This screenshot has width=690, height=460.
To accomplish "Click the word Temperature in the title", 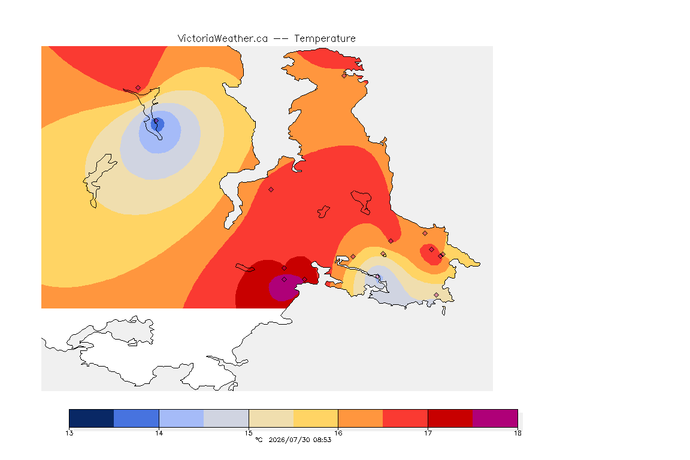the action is coord(325,39).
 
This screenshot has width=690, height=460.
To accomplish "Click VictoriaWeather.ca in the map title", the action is coord(223,39).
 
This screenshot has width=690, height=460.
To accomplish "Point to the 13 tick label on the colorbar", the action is coord(69,433).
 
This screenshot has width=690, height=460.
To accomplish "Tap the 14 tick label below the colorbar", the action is coord(159,433).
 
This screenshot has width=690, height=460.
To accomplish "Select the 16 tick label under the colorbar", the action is coord(338,433).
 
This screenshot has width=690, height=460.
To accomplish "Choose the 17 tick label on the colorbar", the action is coord(428,433).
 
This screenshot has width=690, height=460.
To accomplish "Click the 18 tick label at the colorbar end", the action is coord(517,433).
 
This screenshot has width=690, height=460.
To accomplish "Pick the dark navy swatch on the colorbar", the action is coord(92,418).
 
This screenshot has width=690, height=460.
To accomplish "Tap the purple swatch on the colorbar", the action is coord(495,418).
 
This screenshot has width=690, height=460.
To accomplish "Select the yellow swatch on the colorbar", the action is coord(316,418).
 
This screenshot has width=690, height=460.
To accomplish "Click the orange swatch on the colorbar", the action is coord(361,418).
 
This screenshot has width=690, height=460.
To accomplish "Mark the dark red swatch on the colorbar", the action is coord(450,418).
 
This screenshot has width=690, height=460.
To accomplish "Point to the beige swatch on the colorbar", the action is coord(271,418).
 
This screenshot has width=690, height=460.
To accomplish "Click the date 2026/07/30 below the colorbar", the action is coord(289,440).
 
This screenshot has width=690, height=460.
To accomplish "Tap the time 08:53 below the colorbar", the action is coord(322,440).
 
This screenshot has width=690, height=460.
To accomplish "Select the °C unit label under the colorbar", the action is coord(259,440).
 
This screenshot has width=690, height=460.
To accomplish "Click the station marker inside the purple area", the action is coord(285,280).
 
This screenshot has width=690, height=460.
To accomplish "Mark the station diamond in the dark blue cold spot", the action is coord(156,121).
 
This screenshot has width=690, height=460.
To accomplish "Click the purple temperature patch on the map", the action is coord(283,287).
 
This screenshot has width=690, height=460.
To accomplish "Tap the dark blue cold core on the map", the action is coord(158,124).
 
